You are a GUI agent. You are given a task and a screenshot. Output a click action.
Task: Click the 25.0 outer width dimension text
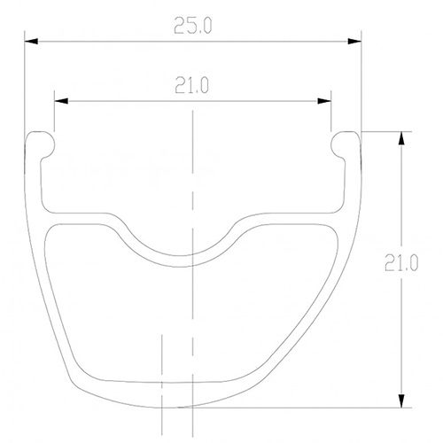tap(193, 26)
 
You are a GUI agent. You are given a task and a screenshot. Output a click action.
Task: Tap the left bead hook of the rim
tap(41, 141)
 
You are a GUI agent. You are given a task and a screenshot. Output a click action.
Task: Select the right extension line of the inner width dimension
tap(332, 115)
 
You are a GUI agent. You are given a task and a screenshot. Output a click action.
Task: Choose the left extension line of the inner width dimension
tap(53, 115)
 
